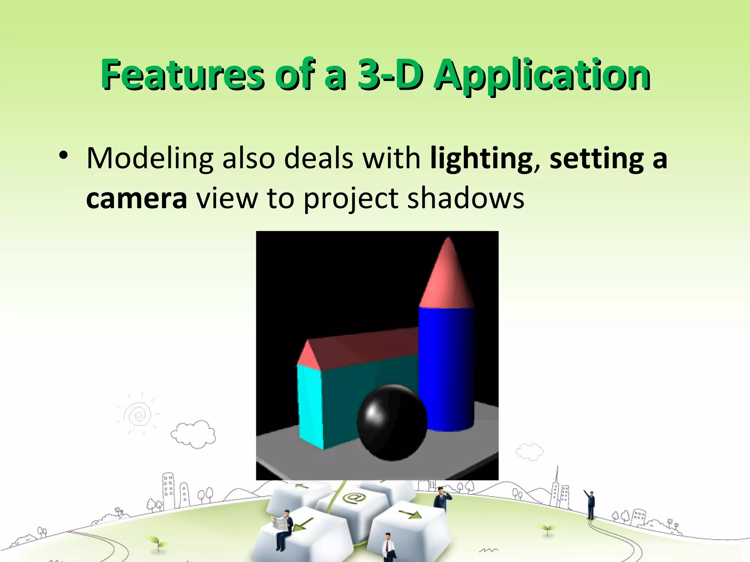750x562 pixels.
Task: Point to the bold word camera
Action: tap(137, 199)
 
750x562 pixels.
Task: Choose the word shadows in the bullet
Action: tap(465, 199)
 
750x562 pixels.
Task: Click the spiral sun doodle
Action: tap(139, 415)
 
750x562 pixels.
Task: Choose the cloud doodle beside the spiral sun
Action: tap(193, 434)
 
